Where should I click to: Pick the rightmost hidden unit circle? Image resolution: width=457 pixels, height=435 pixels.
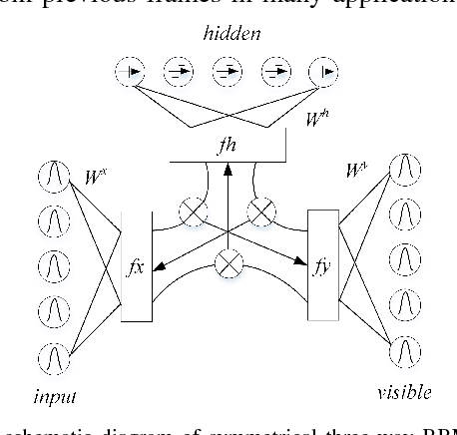tap(324, 71)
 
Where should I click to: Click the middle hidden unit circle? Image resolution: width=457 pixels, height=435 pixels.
tap(228, 71)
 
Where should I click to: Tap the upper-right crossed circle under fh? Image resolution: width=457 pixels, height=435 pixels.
tap(263, 211)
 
